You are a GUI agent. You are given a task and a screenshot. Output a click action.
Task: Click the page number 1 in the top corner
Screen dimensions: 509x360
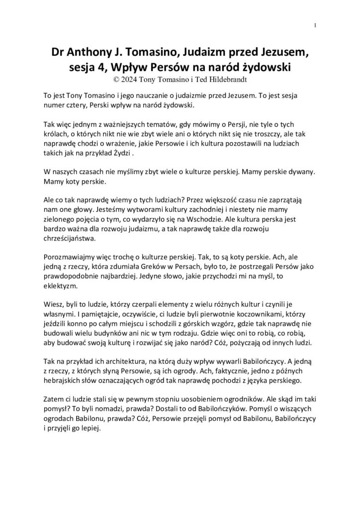[x=315, y=25]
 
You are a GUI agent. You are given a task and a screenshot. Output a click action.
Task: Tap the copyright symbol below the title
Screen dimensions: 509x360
[x=117, y=78]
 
